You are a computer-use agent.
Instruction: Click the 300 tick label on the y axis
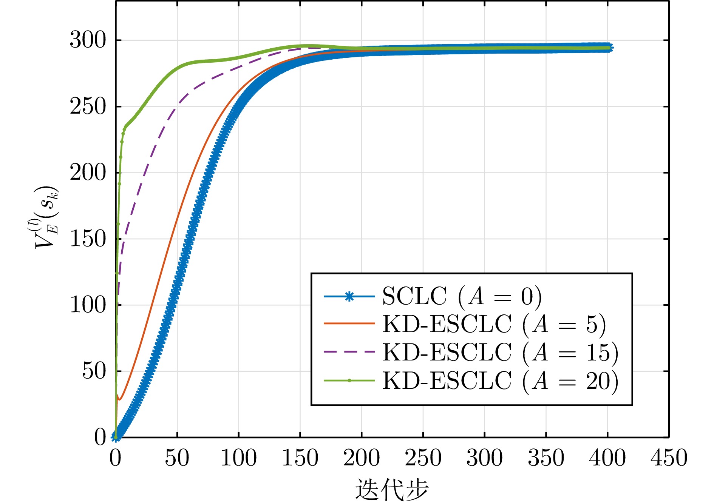(x=88, y=40)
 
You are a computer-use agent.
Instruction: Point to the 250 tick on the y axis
(x=88, y=106)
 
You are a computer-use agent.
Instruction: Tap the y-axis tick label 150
(x=88, y=239)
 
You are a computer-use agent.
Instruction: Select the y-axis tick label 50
(x=94, y=371)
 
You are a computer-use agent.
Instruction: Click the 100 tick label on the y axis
(x=88, y=305)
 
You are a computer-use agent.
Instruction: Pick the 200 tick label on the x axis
(x=362, y=458)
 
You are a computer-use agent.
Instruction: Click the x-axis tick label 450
(x=669, y=458)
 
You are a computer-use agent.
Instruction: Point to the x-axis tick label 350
(x=546, y=458)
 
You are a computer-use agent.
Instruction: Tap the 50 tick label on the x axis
(x=177, y=458)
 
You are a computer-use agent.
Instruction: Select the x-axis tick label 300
(x=484, y=458)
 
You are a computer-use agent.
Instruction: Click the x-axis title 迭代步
(x=392, y=490)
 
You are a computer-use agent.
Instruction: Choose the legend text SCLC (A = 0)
(x=462, y=296)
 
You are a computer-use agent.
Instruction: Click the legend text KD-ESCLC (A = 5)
(x=494, y=324)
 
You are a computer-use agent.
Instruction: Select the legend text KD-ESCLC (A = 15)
(x=501, y=352)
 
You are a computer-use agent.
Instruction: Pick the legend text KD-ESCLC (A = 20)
(x=501, y=380)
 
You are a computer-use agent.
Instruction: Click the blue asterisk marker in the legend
(x=349, y=296)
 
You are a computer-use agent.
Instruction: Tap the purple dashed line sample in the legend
(x=349, y=352)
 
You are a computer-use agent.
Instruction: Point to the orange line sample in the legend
(x=349, y=324)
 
